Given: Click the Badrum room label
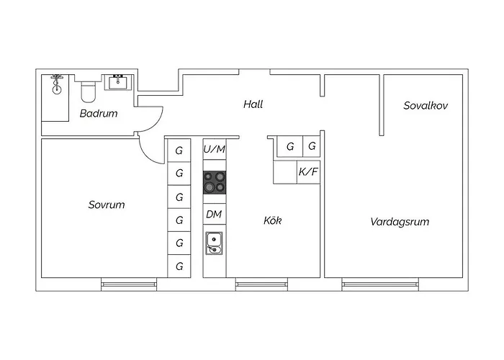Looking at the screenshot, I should [99, 114].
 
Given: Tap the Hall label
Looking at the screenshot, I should [253, 104].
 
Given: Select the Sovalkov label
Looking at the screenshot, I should [426, 105].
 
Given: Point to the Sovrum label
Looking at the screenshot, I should [107, 204].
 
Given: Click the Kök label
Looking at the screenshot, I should [272, 220].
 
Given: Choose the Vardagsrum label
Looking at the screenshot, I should [400, 222].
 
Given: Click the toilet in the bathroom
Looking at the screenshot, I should [89, 90].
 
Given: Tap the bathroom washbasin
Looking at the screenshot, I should [118, 82].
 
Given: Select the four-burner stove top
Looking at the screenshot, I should [214, 182].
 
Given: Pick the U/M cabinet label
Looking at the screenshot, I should [215, 149].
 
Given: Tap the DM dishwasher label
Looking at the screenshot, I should [214, 214].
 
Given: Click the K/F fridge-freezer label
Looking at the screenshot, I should [308, 172].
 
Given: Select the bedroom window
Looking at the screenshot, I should [130, 284].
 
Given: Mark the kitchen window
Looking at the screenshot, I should [261, 284].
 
